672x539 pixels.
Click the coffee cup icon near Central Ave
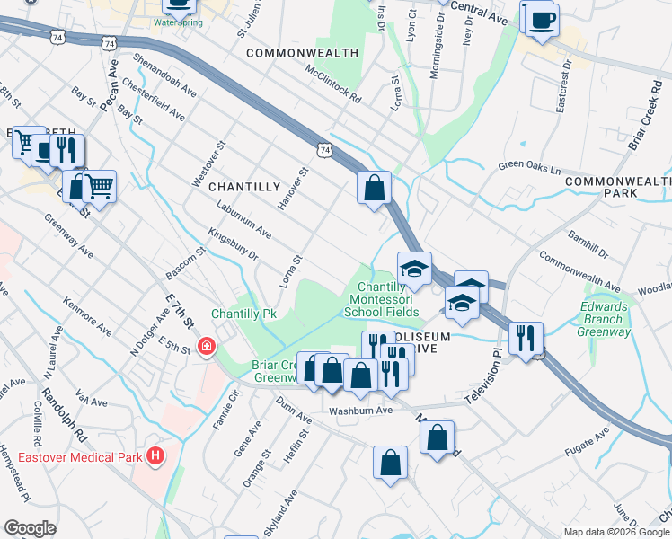tap(542, 20)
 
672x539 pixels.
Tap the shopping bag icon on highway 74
tap(374, 189)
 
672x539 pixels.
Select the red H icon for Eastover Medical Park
tap(156, 456)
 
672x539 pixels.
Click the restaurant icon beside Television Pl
tap(526, 339)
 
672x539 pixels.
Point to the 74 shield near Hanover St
tap(324, 150)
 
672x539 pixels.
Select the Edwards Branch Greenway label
tap(604, 319)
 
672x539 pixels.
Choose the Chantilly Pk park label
tap(243, 314)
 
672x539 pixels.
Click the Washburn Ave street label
tap(361, 411)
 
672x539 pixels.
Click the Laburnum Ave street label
tap(243, 219)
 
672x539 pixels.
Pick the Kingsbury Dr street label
tap(233, 243)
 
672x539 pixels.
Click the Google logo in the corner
tap(30, 528)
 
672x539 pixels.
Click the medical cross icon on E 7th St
tap(207, 346)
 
